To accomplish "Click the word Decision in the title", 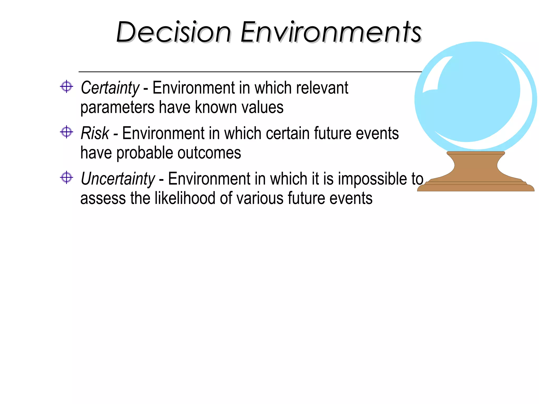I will click(173, 32).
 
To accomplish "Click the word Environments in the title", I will click(331, 32).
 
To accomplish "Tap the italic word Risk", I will click(95, 133).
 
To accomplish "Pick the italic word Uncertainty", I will click(118, 179).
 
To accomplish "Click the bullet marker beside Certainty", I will click(66, 87).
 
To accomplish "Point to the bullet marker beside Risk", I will click(66, 132).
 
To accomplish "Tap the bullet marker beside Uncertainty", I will click(66, 178).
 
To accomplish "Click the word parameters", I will click(117, 108).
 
